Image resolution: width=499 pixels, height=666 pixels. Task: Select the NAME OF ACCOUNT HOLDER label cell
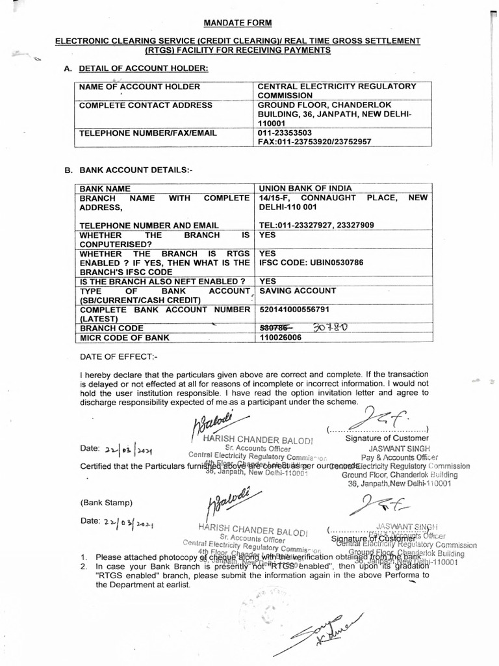(139, 87)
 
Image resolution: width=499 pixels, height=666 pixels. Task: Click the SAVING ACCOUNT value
(298, 291)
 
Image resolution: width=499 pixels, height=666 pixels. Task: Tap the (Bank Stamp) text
(107, 503)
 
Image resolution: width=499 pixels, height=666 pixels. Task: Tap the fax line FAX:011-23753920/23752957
(314, 141)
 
